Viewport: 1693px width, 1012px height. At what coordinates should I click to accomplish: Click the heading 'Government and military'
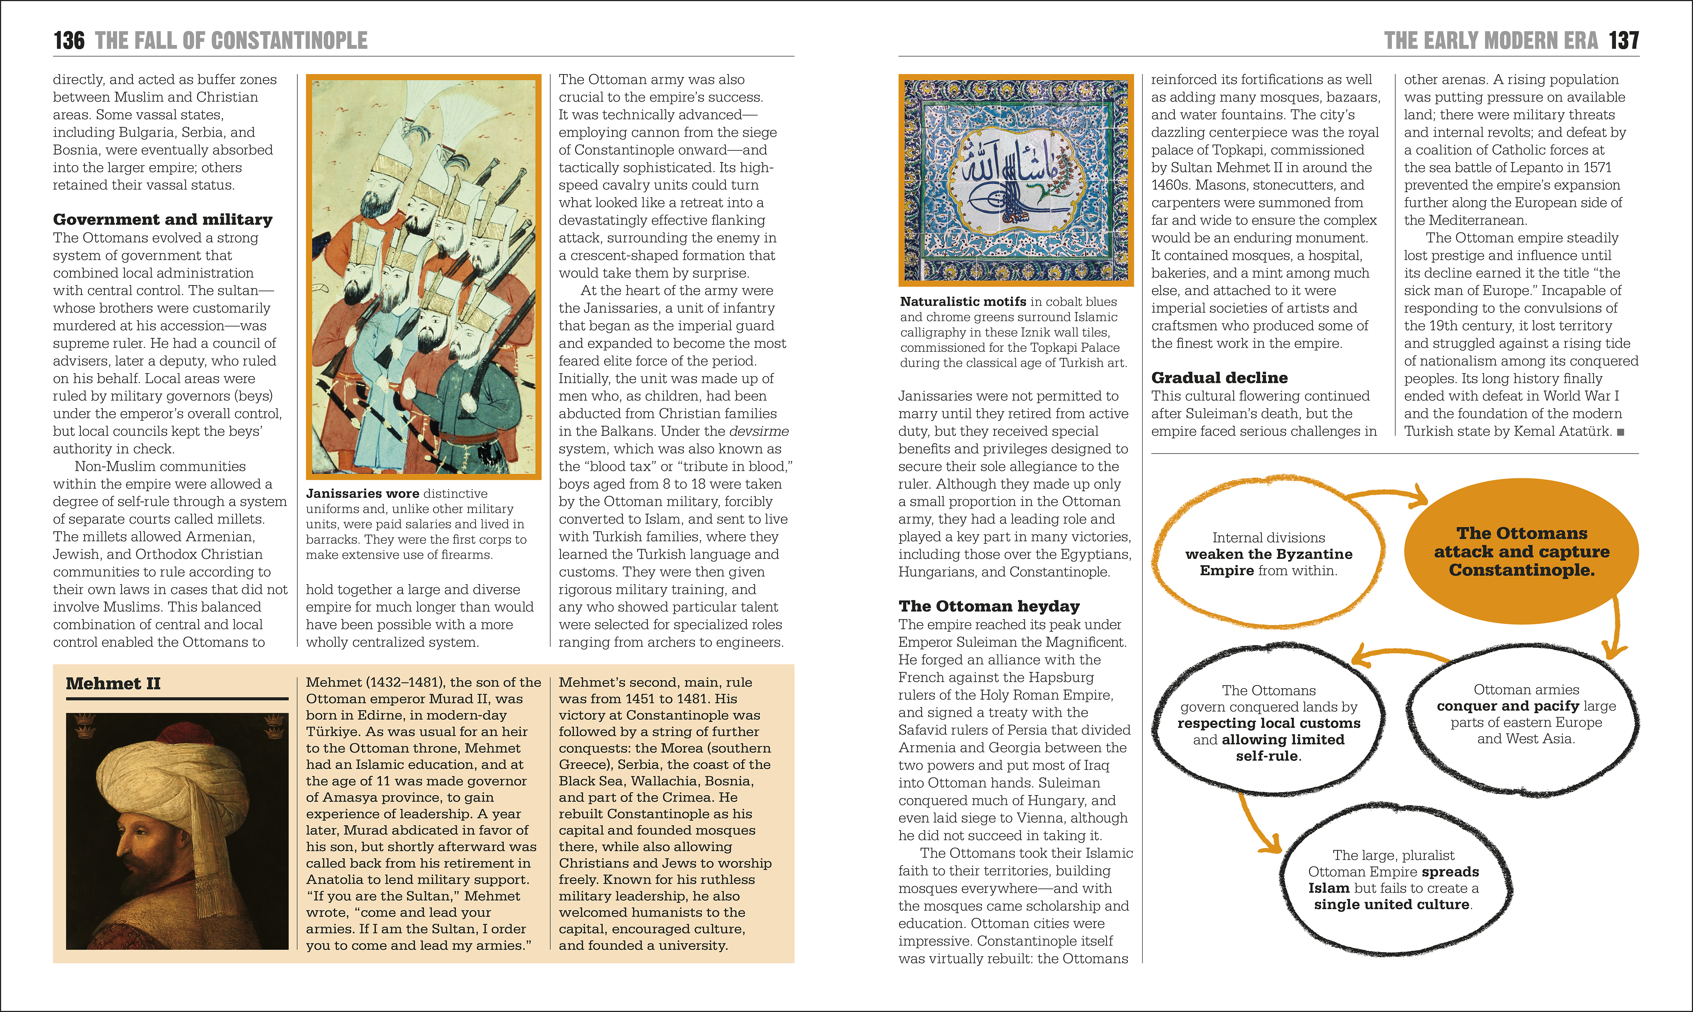(x=162, y=219)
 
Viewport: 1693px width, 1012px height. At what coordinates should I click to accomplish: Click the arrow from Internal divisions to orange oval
(x=1392, y=496)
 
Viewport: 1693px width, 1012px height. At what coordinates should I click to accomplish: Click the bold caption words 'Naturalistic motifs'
(x=962, y=301)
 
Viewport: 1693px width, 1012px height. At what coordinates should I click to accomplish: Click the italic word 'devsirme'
(x=758, y=432)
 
